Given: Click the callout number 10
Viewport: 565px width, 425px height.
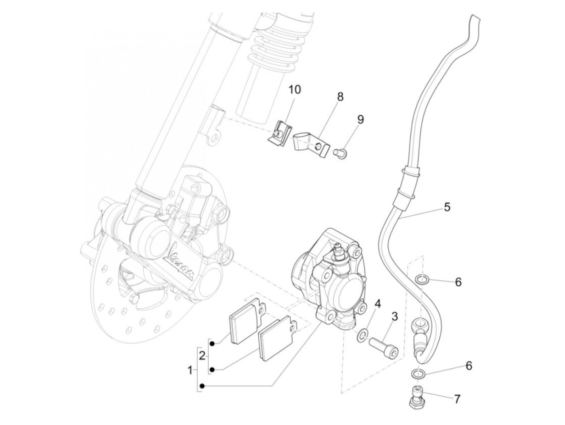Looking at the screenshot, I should point(295,89).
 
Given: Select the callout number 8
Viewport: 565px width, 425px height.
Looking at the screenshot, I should point(340,97).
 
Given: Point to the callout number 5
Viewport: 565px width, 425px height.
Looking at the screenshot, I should point(446,207).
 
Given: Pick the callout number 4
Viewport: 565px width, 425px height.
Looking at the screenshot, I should point(377,303).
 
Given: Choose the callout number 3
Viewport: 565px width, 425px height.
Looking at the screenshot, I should point(394,316).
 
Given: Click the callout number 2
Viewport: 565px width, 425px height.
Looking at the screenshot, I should point(202,356).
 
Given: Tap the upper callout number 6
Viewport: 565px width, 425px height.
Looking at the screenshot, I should point(458,282).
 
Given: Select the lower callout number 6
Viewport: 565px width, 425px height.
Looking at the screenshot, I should point(469,366).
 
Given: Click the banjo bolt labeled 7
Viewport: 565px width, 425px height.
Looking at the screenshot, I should point(416,397).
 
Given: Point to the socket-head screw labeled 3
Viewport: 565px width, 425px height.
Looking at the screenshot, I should point(383,347).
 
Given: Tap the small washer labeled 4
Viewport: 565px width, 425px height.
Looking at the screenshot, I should point(362,334).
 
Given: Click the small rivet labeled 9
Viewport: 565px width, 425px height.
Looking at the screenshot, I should point(339,152).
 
